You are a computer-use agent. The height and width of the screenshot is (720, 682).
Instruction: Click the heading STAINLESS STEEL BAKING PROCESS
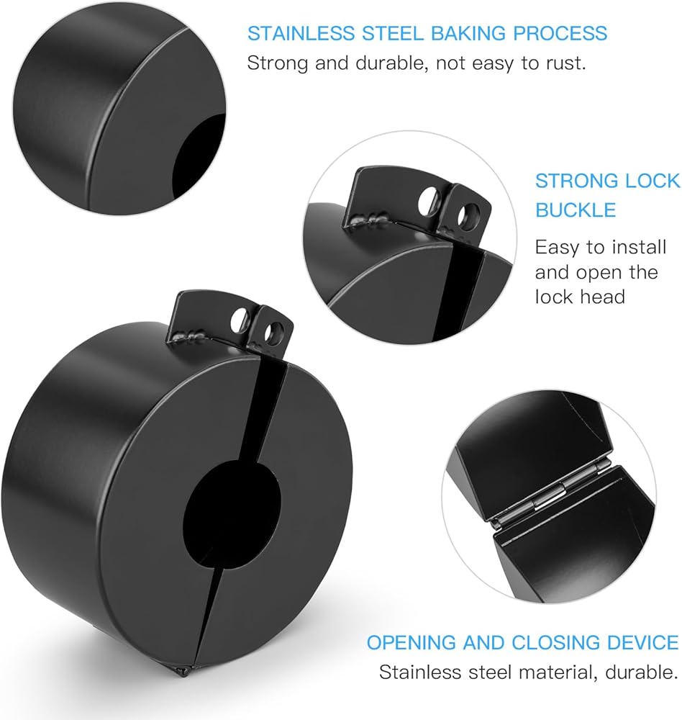pos(427,33)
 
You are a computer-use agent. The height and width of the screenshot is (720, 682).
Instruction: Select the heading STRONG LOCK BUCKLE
pos(606,195)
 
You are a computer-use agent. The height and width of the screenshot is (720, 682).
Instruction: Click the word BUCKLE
pos(576,210)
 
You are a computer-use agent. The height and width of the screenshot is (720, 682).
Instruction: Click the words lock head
pos(580,296)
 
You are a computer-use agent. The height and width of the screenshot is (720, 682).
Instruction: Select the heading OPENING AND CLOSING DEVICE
pos(522,642)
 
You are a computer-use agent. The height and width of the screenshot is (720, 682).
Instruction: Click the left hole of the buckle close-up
pos(428,202)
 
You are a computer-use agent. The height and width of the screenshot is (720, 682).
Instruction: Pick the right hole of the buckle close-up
pos(471,214)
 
